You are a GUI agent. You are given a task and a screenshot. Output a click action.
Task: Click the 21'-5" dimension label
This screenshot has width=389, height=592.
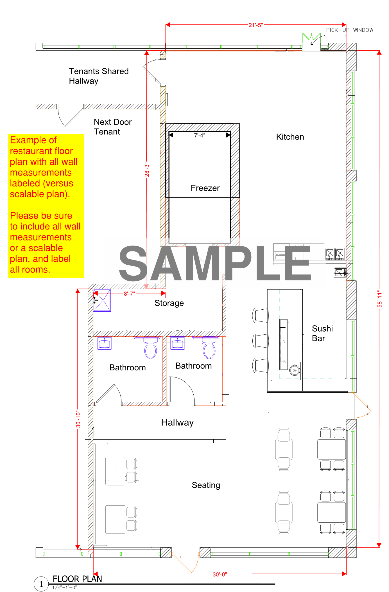(x=256, y=25)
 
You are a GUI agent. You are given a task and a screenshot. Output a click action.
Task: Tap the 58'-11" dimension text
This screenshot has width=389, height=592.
(x=379, y=299)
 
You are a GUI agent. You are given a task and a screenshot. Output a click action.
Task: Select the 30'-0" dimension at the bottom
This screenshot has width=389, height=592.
(x=220, y=574)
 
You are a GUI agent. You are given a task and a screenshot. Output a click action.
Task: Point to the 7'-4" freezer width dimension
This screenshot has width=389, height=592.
(x=200, y=135)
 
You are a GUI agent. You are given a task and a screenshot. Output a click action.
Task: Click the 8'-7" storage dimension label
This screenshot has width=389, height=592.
(x=129, y=294)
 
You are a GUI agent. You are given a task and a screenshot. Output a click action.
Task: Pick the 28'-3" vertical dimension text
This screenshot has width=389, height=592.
(x=147, y=170)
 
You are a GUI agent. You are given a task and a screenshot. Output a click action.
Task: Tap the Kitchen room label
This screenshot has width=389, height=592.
(x=290, y=137)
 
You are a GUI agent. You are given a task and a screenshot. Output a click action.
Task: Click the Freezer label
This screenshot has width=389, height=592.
(x=205, y=188)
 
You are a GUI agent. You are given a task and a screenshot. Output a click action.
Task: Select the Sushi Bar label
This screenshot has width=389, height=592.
(x=322, y=333)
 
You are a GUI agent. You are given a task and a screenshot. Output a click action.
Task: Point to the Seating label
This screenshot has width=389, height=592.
(x=206, y=485)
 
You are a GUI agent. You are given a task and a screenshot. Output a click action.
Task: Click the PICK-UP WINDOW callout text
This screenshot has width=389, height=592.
(x=350, y=30)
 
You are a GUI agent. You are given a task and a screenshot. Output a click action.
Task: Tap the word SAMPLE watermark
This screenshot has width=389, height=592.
(x=215, y=263)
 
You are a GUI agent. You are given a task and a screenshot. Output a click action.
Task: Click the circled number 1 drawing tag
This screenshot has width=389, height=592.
(x=41, y=584)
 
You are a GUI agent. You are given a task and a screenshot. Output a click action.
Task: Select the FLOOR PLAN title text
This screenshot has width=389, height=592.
(x=77, y=579)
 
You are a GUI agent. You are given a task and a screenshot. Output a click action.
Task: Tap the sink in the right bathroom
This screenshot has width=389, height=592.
(x=178, y=343)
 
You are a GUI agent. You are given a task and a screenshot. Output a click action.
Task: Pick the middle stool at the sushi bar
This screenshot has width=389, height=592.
(x=261, y=341)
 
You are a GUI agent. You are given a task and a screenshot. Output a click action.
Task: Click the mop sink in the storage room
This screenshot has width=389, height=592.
(x=102, y=300)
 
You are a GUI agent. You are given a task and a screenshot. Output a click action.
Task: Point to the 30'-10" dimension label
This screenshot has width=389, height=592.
(x=78, y=419)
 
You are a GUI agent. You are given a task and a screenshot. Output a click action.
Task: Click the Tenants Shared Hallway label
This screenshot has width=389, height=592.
(x=99, y=76)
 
